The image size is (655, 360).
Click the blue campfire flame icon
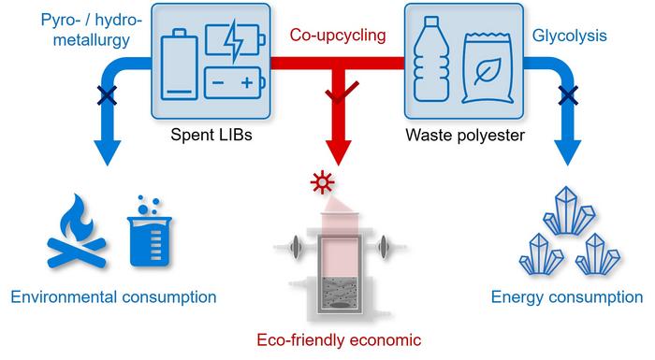point(77,235)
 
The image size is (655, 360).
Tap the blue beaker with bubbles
point(146,231)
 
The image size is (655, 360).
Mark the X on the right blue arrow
point(565,94)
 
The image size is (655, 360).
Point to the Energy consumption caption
point(567,298)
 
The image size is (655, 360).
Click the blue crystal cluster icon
point(567,233)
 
